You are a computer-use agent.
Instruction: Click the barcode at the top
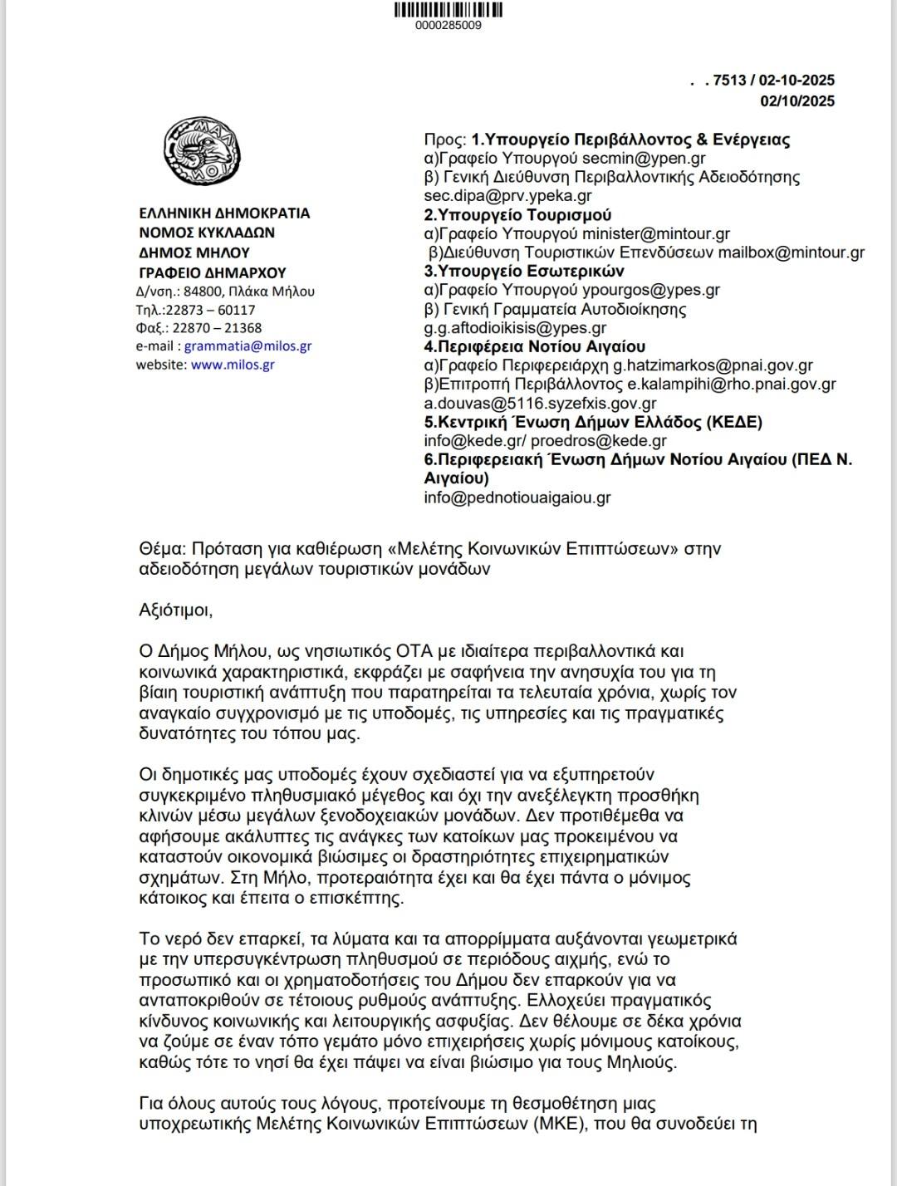(x=448, y=10)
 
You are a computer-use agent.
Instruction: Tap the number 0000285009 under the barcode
(x=448, y=25)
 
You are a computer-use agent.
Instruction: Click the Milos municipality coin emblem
(x=202, y=151)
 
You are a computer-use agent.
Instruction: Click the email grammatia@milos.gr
(x=248, y=346)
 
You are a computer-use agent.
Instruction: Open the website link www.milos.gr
(x=233, y=365)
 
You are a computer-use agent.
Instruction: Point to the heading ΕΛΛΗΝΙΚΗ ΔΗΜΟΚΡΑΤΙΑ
(x=224, y=213)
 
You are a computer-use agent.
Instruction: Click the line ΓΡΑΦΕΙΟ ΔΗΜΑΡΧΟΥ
(x=212, y=272)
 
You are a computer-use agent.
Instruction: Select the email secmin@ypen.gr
(x=644, y=158)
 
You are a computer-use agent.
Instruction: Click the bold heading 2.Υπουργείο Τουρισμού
(x=518, y=215)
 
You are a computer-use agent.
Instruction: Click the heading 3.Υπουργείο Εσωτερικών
(x=524, y=272)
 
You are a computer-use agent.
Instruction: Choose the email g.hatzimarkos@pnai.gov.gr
(x=713, y=365)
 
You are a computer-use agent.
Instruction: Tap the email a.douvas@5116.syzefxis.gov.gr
(x=529, y=404)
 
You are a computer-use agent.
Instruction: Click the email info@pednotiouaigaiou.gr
(x=517, y=498)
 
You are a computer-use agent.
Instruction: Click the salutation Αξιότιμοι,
(x=176, y=610)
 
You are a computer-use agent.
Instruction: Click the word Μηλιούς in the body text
(x=642, y=1061)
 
